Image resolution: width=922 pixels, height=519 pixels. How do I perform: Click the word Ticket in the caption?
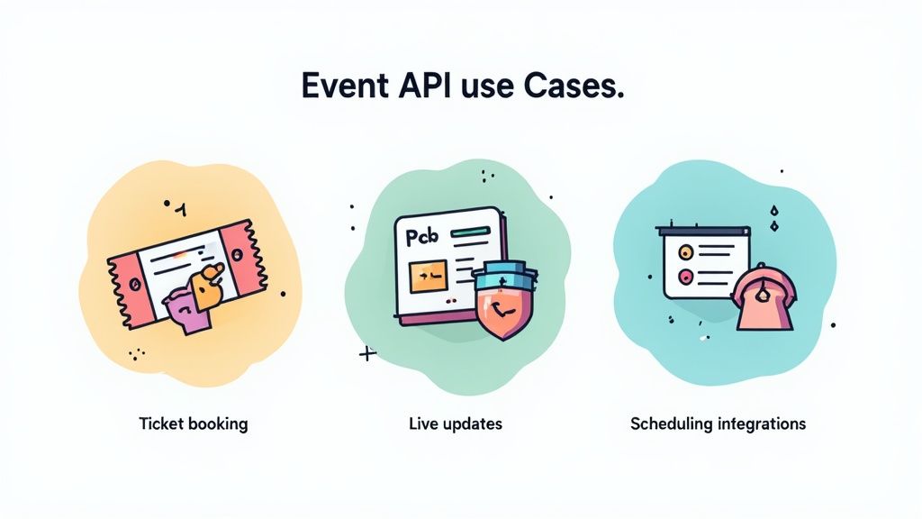coord(158,423)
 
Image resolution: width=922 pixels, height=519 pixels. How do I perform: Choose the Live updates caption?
coord(456,423)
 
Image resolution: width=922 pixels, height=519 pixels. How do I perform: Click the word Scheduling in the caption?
coord(670,423)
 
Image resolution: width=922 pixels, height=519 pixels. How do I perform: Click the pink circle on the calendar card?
coord(687,276)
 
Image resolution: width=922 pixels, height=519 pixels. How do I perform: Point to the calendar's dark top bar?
coord(702,230)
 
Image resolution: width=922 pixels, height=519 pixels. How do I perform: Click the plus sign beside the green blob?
coord(366,354)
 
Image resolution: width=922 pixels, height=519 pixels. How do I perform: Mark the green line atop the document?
coord(471,232)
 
